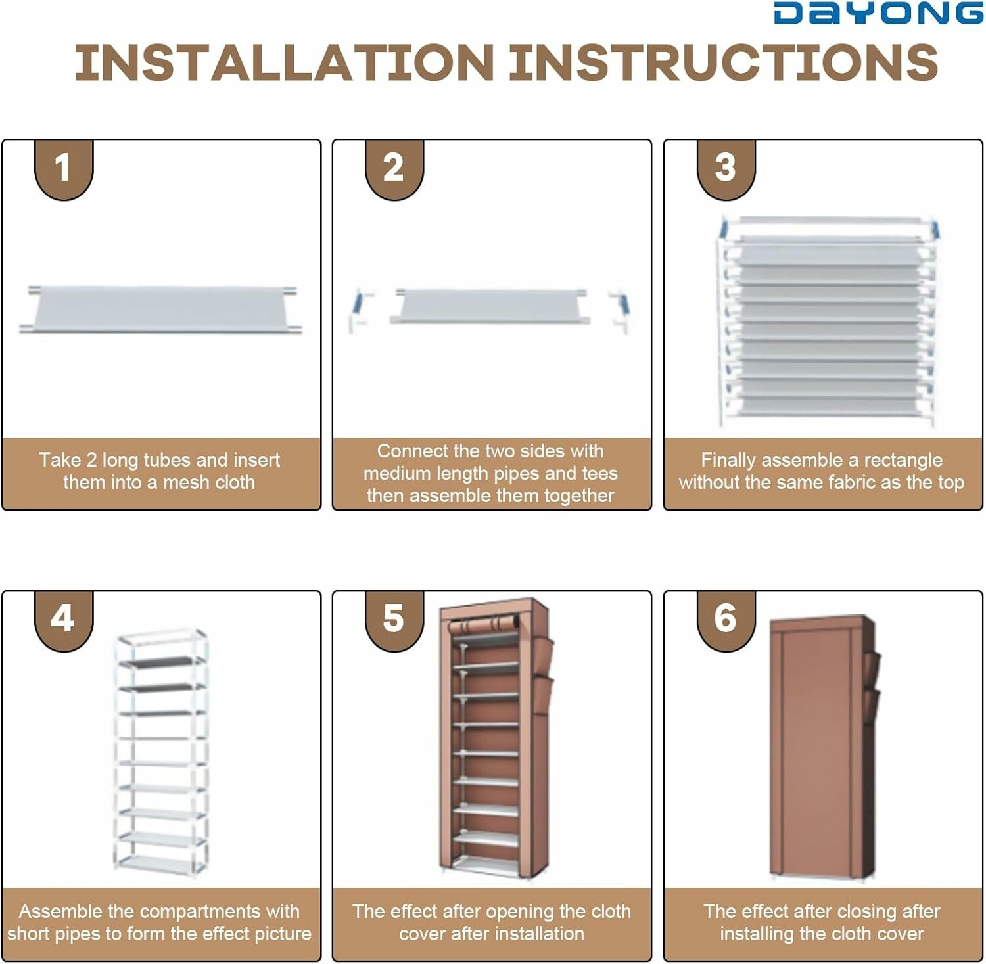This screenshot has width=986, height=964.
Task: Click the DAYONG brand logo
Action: [879, 12]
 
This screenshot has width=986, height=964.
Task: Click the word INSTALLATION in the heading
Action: [285, 63]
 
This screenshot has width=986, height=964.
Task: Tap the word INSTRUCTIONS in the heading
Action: [724, 63]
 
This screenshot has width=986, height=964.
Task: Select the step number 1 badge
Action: [64, 169]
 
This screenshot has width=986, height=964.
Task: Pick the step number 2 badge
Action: [394, 169]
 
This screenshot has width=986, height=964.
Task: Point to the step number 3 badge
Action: [726, 169]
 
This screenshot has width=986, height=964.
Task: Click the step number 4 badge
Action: [64, 620]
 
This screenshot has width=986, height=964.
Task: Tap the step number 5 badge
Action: [394, 620]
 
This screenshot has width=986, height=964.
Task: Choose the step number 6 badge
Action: [726, 620]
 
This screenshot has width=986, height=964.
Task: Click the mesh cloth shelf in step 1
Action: [160, 310]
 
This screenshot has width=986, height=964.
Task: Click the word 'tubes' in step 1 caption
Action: [169, 460]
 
